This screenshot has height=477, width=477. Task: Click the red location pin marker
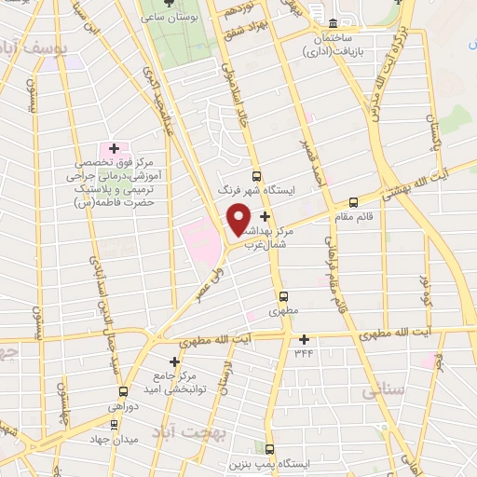239,219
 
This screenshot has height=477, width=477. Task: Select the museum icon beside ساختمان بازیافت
333,22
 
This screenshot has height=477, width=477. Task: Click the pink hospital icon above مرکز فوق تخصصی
115,147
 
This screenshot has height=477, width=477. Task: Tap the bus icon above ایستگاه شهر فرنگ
257,175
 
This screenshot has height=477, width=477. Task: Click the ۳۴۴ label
304,353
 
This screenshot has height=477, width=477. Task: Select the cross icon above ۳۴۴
304,339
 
